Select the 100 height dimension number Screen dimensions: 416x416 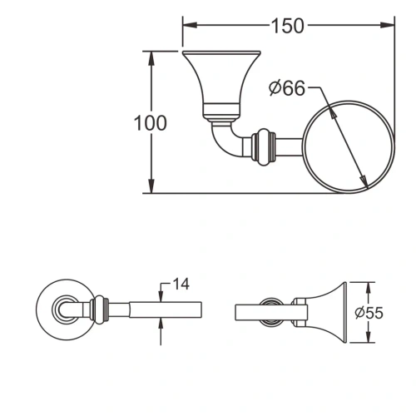(x=151, y=122)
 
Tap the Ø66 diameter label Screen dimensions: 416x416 (x=287, y=89)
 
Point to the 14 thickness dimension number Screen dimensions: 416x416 (x=181, y=284)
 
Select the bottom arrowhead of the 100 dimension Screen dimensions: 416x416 (x=151, y=187)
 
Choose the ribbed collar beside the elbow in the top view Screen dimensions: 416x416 (x=265, y=145)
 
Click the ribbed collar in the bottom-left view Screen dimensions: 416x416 (x=101, y=311)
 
